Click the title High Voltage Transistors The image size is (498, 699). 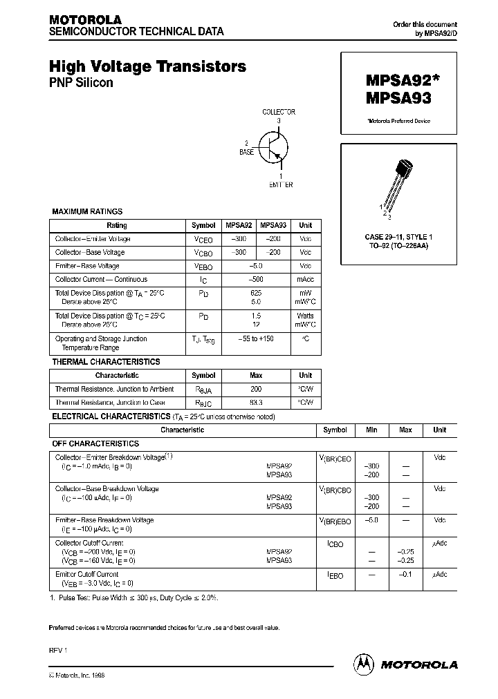(147, 67)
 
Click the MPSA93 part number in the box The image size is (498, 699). (392, 98)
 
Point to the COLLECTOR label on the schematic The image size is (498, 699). (279, 112)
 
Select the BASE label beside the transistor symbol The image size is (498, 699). (247, 151)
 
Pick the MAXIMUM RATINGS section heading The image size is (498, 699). (88, 212)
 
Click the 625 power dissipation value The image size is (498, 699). (256, 294)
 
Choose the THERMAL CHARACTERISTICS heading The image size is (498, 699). (107, 362)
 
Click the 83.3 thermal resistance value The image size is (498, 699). (256, 402)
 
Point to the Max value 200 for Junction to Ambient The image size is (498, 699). (256, 389)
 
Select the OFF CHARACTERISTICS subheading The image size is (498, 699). (96, 443)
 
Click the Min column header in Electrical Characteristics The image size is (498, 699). (371, 430)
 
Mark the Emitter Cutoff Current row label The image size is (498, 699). (87, 574)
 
